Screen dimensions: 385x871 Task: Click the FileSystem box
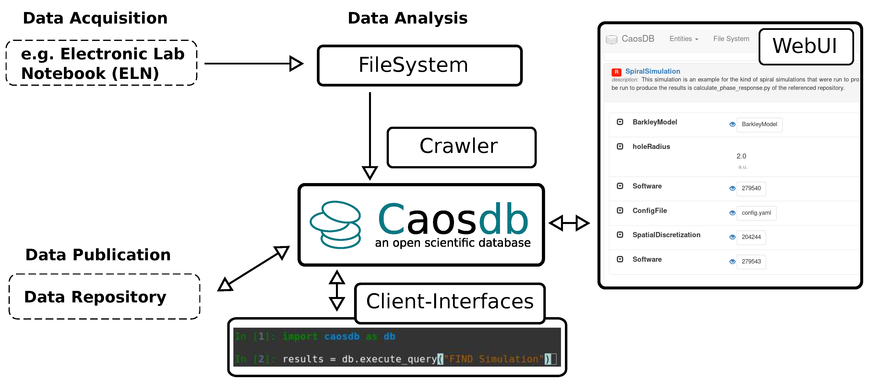click(419, 65)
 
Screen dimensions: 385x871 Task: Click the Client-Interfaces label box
click(450, 302)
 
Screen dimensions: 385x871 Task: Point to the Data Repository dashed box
click(104, 297)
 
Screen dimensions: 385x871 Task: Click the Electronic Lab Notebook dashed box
click(101, 63)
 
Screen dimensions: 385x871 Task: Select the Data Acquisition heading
click(95, 18)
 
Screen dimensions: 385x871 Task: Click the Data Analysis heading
click(407, 18)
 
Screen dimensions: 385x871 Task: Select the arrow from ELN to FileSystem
click(254, 63)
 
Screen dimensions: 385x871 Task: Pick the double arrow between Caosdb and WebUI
click(569, 223)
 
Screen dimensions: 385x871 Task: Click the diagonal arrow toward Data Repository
click(254, 268)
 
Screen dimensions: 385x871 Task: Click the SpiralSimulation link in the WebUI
click(652, 71)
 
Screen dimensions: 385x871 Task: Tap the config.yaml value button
click(756, 213)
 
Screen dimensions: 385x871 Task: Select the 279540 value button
click(751, 188)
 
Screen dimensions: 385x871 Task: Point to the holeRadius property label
click(651, 147)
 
